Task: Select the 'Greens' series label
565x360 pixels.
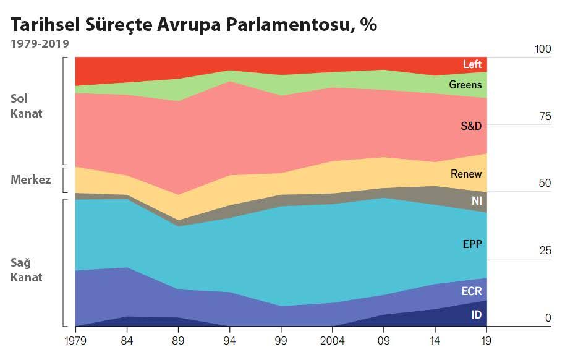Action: (x=465, y=85)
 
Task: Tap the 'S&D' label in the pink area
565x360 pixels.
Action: (x=470, y=126)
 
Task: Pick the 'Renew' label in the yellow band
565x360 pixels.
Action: (x=465, y=174)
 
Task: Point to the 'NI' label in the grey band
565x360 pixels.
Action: (x=476, y=201)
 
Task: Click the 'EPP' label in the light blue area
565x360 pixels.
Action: (x=472, y=244)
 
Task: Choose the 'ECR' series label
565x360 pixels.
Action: (x=471, y=291)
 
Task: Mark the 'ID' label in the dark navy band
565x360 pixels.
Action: (x=476, y=315)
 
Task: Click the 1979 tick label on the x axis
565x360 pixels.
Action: (x=75, y=340)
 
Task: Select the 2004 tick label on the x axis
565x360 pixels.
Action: (x=332, y=340)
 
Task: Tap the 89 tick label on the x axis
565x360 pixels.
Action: (x=178, y=340)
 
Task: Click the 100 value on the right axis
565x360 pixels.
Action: (x=542, y=49)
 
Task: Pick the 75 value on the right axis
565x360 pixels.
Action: (x=544, y=117)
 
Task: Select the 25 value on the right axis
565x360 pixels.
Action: (x=544, y=251)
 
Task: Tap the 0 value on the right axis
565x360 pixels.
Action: (x=547, y=318)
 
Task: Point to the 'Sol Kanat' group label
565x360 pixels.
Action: (x=27, y=106)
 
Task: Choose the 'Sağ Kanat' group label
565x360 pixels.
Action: (x=27, y=270)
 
